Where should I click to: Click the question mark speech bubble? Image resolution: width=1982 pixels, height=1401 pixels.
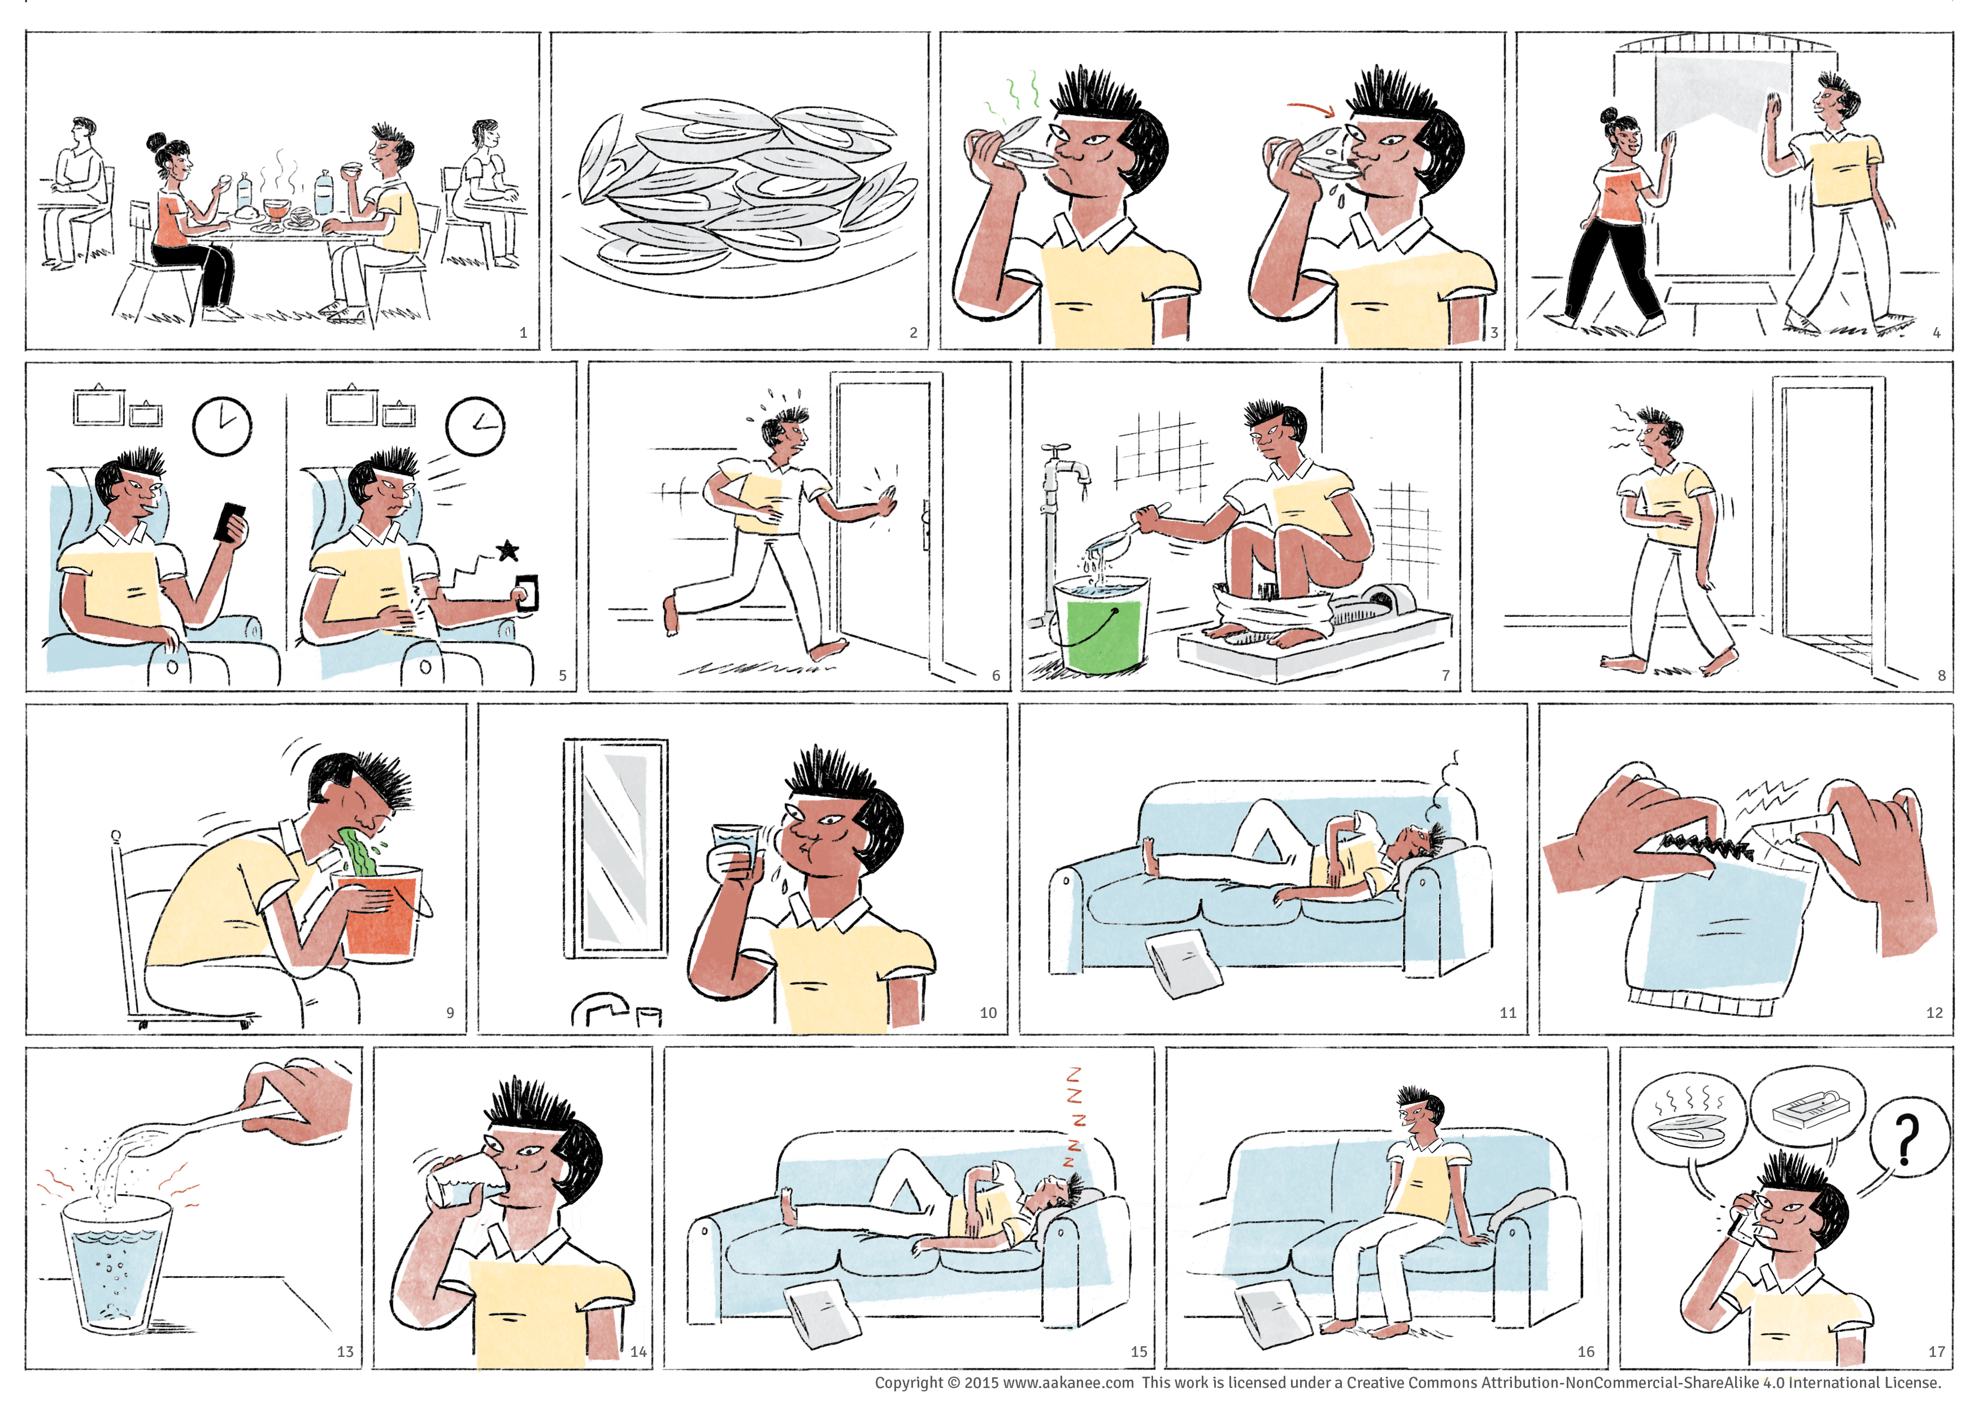tap(1909, 1141)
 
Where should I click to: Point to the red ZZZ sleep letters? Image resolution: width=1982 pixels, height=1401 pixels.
tap(1074, 1118)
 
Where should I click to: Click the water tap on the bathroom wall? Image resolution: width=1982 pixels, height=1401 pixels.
tap(1063, 471)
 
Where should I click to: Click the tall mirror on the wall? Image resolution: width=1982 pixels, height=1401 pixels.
tap(615, 849)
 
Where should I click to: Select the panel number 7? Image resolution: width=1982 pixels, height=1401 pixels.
tap(1446, 675)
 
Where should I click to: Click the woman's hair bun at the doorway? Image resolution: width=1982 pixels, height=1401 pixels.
tap(1607, 116)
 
